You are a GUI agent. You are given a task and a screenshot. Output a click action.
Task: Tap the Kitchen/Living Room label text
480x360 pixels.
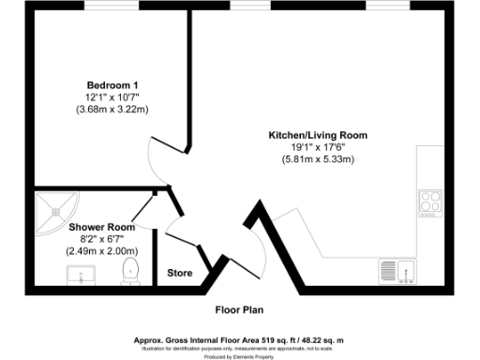click(x=318, y=136)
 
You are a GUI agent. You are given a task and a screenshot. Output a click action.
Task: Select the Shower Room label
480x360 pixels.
click(x=101, y=227)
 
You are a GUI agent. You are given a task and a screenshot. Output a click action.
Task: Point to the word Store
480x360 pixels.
click(x=180, y=274)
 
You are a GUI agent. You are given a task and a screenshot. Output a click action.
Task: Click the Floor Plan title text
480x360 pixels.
click(x=240, y=308)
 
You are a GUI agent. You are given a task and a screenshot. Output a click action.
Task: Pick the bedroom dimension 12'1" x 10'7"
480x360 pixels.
click(x=107, y=97)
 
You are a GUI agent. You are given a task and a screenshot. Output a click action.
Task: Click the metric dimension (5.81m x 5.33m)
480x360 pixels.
click(x=318, y=160)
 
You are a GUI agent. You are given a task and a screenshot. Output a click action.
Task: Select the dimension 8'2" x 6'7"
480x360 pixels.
click(x=101, y=239)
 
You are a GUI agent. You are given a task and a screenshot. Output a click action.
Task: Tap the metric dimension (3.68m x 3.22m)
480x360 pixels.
click(x=107, y=109)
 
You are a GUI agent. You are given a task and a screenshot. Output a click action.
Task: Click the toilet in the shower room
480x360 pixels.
click(x=130, y=272)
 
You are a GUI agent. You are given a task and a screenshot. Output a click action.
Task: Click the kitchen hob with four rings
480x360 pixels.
click(x=430, y=202)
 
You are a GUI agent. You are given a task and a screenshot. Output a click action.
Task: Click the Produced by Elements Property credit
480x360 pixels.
click(x=240, y=356)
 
